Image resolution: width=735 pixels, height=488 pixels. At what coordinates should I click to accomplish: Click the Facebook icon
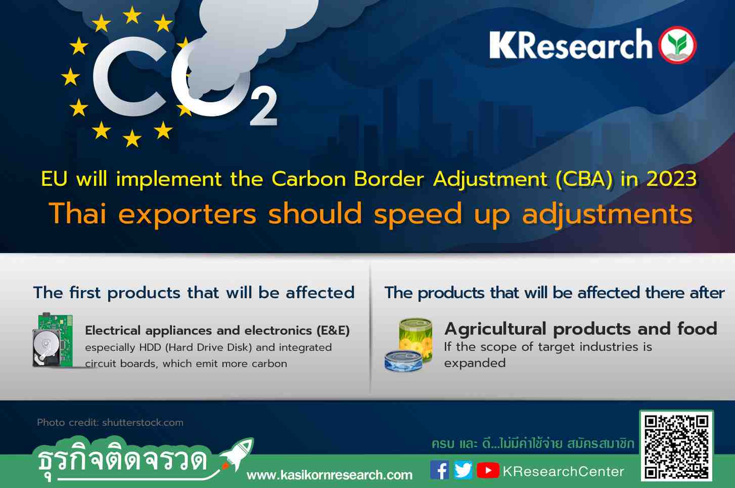(440, 470)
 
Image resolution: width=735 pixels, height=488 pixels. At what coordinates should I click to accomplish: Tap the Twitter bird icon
(463, 470)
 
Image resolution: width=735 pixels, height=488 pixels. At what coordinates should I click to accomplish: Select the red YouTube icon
(488, 470)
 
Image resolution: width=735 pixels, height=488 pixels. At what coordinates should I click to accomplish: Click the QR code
(676, 445)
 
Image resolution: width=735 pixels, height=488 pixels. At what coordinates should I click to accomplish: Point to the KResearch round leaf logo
(677, 45)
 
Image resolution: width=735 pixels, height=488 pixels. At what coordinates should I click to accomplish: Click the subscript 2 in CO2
(263, 106)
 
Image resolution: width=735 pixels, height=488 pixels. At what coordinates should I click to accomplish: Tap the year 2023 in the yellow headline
(671, 179)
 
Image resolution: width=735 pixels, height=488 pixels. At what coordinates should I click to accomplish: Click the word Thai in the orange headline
(78, 214)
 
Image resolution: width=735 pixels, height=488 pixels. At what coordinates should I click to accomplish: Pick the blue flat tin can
(403, 361)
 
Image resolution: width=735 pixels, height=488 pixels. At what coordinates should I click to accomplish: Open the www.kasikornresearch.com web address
(330, 475)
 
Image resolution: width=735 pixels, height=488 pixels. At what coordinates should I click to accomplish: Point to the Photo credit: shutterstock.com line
(110, 422)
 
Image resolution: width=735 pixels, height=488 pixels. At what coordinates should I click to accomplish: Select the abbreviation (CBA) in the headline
(584, 179)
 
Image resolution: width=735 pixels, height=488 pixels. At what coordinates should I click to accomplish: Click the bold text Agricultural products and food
(581, 329)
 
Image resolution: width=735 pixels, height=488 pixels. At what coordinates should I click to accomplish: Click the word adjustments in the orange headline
(608, 214)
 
